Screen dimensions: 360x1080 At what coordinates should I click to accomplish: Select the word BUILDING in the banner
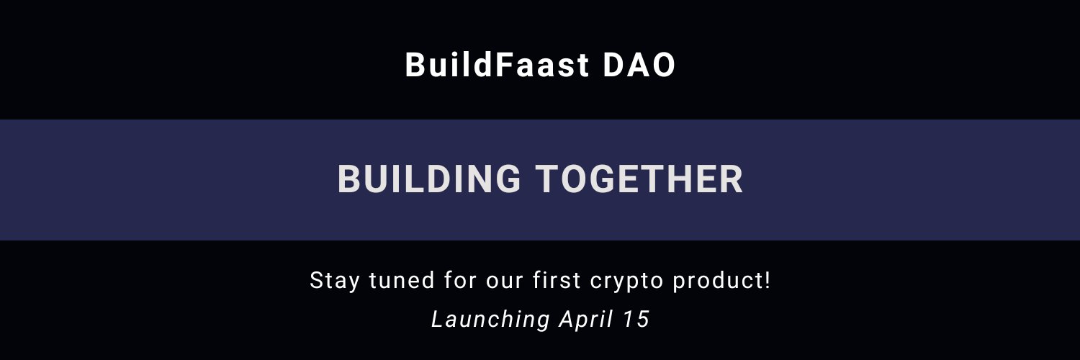point(429,179)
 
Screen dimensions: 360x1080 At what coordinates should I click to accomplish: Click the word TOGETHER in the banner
point(639,179)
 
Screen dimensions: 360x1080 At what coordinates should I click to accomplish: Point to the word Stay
point(336,280)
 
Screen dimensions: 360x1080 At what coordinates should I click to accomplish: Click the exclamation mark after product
point(767,280)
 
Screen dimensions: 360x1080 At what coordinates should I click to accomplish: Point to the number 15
point(637,319)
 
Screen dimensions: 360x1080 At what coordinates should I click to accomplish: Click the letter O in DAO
point(663,66)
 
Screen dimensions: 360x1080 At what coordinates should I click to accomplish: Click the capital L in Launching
point(437,319)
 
